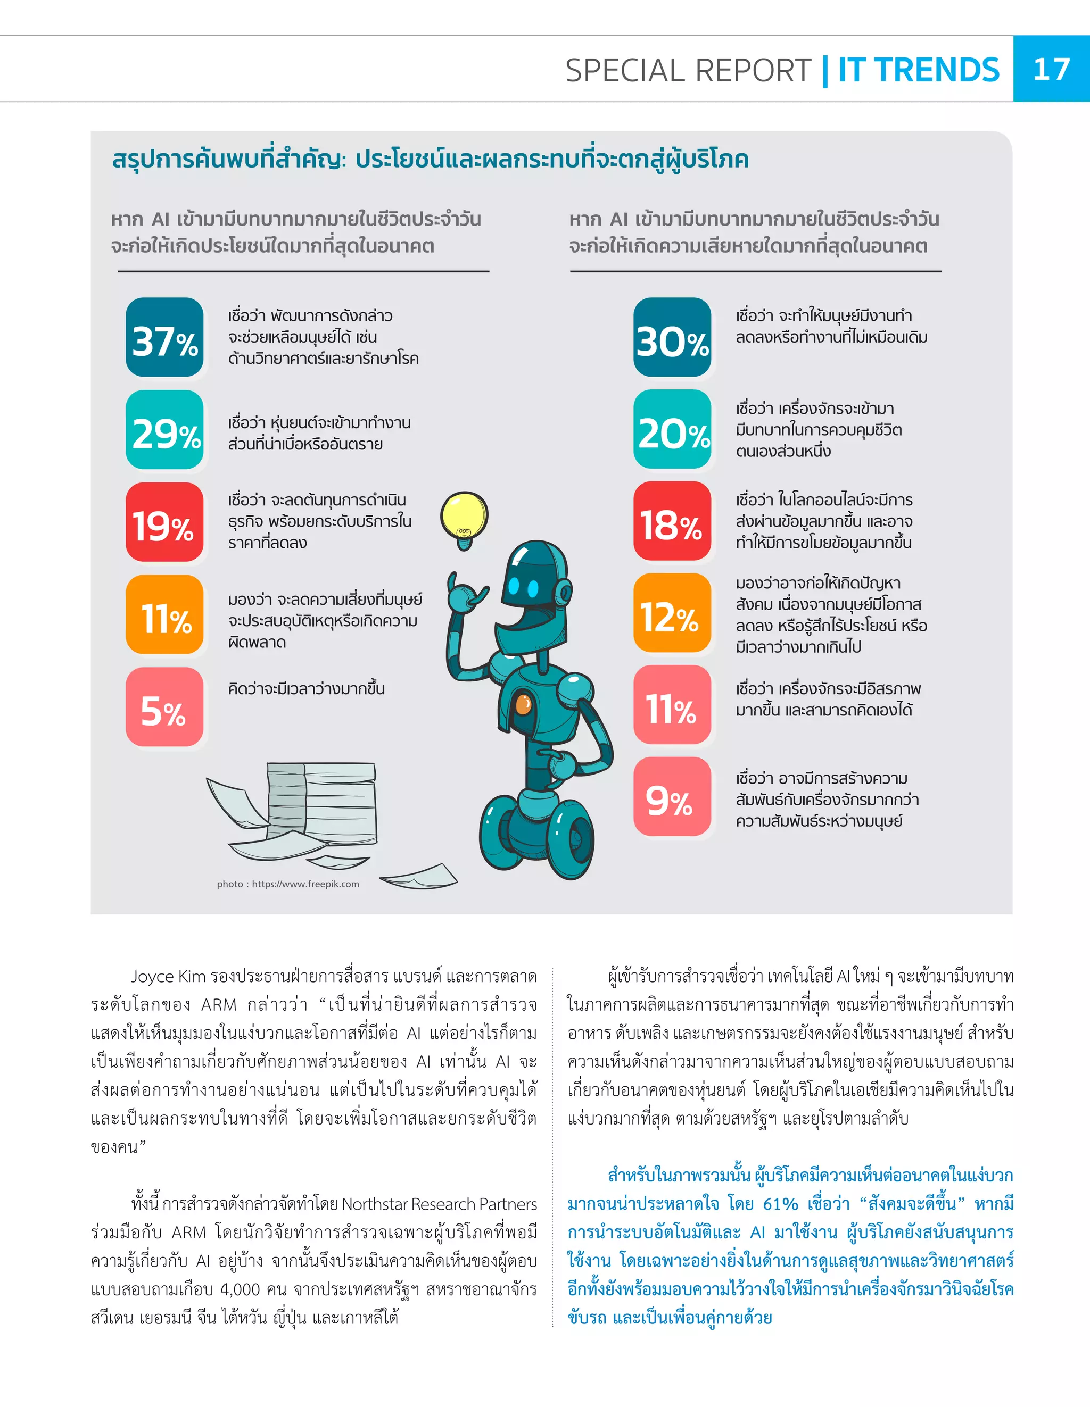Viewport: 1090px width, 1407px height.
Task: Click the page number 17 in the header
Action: [x=1051, y=69]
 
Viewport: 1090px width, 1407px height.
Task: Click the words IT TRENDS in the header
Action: [x=919, y=70]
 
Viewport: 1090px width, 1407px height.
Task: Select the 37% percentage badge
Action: [x=164, y=338]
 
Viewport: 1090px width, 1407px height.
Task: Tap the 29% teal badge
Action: [x=164, y=430]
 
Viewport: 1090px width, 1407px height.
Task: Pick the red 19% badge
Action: [x=164, y=522]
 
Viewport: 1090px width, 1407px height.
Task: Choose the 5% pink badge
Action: [x=164, y=707]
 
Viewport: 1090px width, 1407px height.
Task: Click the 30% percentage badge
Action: [x=672, y=338]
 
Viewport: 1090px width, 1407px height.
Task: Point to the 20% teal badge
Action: [x=672, y=430]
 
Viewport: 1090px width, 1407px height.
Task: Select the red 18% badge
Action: [x=672, y=521]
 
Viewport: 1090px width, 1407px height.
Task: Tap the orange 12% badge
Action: [x=672, y=613]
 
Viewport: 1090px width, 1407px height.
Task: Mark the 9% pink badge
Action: [x=672, y=797]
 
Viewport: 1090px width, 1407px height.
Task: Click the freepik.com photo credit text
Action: [x=288, y=884]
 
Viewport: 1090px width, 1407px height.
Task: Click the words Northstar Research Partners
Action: [x=439, y=1204]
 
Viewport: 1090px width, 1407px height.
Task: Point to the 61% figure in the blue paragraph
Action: [x=780, y=1204]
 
